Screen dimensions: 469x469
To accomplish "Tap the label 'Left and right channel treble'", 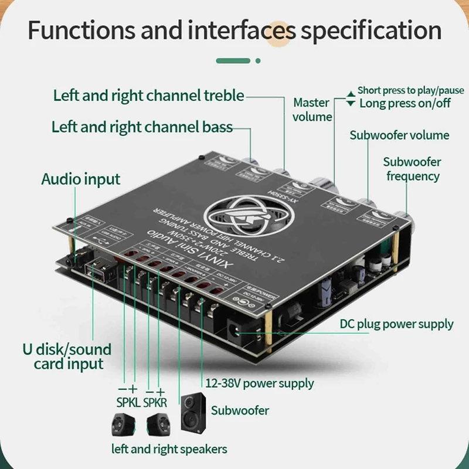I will pos(148,96).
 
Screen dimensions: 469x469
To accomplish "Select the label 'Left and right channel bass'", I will pos(142,127).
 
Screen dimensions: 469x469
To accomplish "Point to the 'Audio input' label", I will pos(80,179).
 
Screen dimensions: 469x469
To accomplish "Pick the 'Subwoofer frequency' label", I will pos(412,169).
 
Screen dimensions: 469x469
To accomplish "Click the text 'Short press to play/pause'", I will pos(410,90).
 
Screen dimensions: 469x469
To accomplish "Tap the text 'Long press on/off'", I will pos(405,103).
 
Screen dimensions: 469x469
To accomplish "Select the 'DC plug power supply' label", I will pos(397,324).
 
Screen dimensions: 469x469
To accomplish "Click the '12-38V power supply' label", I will pos(260,384).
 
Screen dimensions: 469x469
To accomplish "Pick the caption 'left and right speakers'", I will pos(169,450).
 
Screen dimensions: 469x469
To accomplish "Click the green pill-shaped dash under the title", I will pos(234,60).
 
